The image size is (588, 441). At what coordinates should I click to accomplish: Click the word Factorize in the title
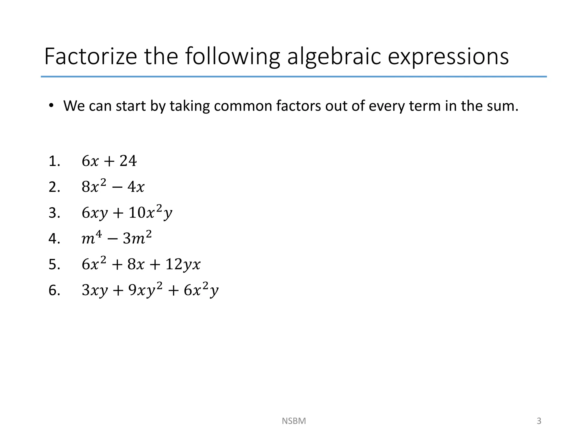[91, 57]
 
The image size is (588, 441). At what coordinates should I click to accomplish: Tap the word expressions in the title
[448, 57]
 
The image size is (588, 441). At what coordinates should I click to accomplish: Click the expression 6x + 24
[109, 161]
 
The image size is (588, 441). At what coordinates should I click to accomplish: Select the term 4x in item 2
[136, 187]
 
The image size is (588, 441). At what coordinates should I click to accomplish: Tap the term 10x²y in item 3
[150, 213]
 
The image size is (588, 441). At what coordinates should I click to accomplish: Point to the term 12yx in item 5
[183, 264]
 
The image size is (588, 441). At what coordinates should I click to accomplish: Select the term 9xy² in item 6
[145, 290]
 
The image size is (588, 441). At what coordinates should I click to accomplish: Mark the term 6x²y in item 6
[201, 290]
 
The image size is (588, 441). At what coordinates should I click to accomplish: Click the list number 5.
[54, 264]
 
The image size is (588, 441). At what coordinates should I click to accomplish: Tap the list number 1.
[54, 161]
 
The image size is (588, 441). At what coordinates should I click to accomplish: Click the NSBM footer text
[294, 421]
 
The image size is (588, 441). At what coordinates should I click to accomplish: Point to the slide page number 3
[539, 421]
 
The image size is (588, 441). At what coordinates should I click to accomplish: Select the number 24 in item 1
[128, 161]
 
